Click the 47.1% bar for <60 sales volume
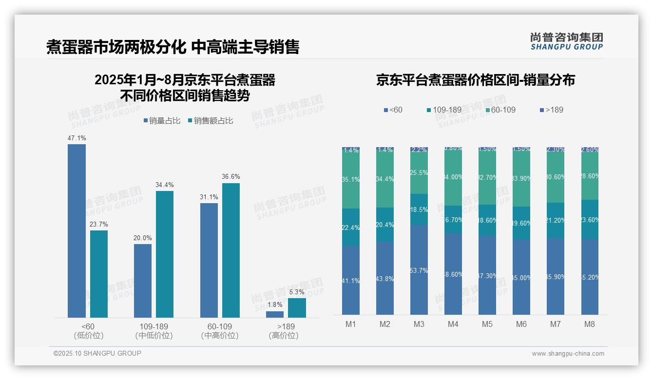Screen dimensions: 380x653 [x=77, y=231]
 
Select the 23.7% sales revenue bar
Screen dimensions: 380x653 [x=99, y=274]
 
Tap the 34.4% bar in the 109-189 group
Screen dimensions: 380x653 [x=165, y=254]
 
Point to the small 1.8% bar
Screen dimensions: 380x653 [x=275, y=314]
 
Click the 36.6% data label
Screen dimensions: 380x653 [x=230, y=176]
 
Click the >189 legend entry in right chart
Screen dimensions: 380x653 [x=551, y=110]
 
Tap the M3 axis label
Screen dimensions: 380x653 [x=419, y=324]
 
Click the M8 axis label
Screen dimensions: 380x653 [x=590, y=324]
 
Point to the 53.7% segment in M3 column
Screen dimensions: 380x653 [x=419, y=269]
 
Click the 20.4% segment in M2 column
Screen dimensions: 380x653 [x=385, y=225]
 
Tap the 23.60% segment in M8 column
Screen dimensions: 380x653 [x=590, y=219]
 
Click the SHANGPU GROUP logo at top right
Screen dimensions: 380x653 [x=566, y=41]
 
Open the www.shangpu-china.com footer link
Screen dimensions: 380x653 [x=568, y=354]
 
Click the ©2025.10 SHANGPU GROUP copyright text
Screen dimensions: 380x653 [x=97, y=353]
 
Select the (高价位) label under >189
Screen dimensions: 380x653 [x=283, y=336]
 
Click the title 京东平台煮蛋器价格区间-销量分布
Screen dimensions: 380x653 [x=475, y=80]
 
